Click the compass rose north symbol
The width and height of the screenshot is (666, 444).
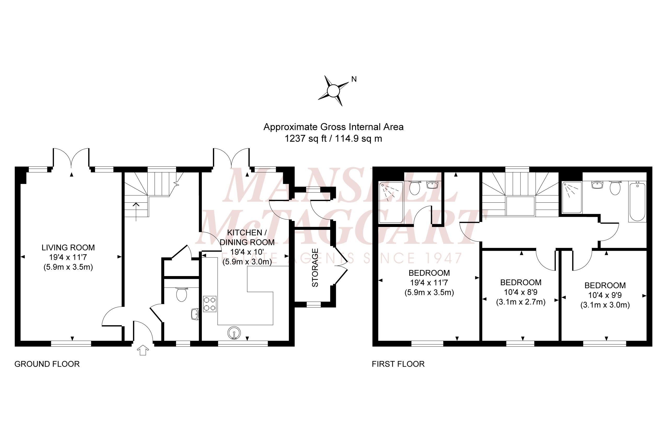(333, 91)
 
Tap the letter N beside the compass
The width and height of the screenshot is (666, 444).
(354, 79)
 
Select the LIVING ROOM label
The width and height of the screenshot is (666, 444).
(68, 248)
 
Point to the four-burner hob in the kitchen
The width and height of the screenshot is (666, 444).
(209, 304)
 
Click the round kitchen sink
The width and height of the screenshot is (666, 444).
(234, 333)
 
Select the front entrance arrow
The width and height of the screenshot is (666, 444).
(143, 350)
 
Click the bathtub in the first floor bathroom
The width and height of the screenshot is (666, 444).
(637, 202)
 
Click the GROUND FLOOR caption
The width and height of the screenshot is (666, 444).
(47, 364)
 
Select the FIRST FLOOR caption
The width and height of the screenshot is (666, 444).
(398, 364)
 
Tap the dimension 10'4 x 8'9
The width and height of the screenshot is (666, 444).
(521, 292)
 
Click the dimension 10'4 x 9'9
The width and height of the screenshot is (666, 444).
(605, 295)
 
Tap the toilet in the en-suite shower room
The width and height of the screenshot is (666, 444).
(414, 187)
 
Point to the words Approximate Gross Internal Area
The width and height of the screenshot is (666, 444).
(333, 127)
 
